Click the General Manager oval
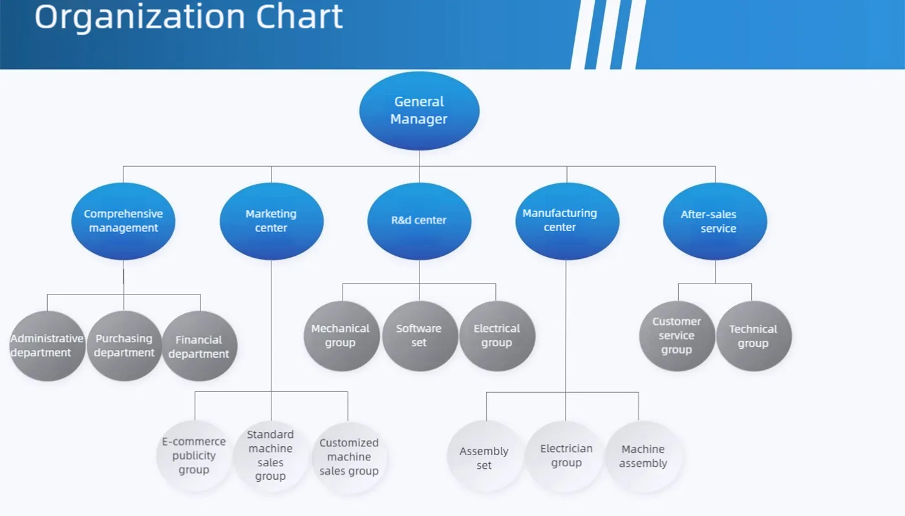[x=419, y=110]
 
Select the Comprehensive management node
[x=123, y=221]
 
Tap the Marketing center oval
[x=271, y=221]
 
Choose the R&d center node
[x=419, y=221]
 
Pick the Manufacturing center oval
[x=567, y=221]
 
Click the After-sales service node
[x=715, y=221]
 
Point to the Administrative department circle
[x=47, y=346]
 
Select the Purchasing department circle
[x=124, y=346]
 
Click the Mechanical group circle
[x=341, y=336]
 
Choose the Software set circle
[x=420, y=336]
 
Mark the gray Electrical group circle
[x=496, y=336]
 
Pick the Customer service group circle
[x=677, y=336]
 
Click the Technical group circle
[x=754, y=336]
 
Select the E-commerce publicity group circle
[x=194, y=456]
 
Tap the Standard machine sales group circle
[x=271, y=456]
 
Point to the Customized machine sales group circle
[x=349, y=457]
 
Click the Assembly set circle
[x=485, y=457]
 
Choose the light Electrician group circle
[x=566, y=456]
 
